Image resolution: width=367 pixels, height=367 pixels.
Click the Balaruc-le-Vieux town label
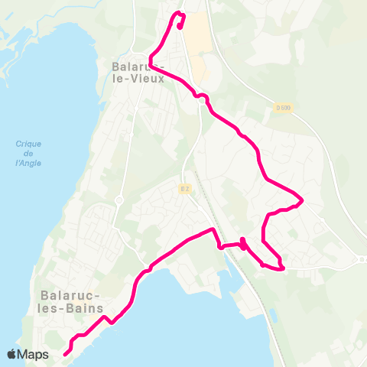coord(138,71)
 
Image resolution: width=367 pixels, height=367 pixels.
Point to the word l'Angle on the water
coord(28,163)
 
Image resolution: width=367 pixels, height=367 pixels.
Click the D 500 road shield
coord(283,108)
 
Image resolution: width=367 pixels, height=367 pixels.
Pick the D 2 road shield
coord(184,188)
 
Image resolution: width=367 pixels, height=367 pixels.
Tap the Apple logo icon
coord(12,354)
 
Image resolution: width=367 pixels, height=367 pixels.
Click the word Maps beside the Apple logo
coord(34,354)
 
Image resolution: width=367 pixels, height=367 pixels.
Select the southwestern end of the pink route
coord(65,353)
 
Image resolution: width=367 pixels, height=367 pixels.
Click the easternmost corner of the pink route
coord(303,201)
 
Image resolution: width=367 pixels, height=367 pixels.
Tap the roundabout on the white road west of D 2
coord(119,200)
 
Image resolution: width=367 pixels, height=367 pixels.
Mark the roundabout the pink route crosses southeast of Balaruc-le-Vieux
coord(203,96)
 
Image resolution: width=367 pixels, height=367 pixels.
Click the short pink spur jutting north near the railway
coord(242,242)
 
